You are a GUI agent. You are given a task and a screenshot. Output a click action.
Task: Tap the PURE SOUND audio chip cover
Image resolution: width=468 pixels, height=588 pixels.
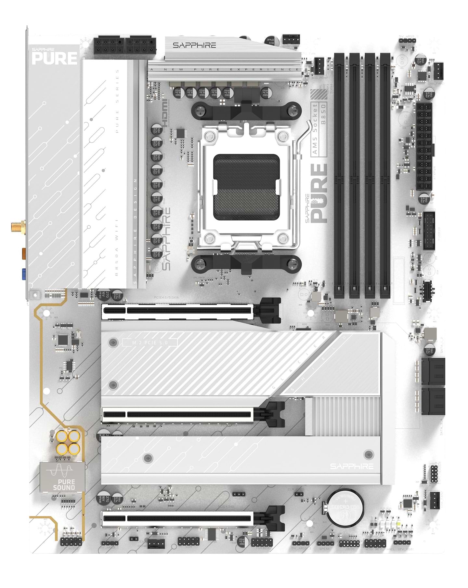62,477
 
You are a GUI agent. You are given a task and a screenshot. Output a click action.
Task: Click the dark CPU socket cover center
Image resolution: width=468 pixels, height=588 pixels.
246,187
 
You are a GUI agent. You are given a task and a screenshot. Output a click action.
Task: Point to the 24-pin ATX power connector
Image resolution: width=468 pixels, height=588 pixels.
424,147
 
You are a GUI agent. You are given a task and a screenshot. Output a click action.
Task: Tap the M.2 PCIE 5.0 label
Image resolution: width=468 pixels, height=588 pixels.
150,342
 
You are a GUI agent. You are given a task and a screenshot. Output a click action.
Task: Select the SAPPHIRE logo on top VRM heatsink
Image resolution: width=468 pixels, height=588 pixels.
194,45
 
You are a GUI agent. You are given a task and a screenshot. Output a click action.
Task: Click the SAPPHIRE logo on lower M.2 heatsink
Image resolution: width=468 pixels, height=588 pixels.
352,466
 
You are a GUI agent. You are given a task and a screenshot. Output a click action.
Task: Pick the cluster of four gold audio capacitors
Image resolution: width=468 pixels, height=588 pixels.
68,442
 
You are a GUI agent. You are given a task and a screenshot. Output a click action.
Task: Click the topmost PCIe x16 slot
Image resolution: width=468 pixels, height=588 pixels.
177,311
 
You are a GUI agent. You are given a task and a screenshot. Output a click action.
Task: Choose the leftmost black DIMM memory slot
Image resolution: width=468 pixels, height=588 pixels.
339,176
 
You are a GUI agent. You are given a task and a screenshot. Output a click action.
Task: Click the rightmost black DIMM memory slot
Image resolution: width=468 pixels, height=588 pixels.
385,176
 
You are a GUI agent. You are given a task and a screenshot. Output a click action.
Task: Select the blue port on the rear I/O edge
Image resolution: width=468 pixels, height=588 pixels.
24,274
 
